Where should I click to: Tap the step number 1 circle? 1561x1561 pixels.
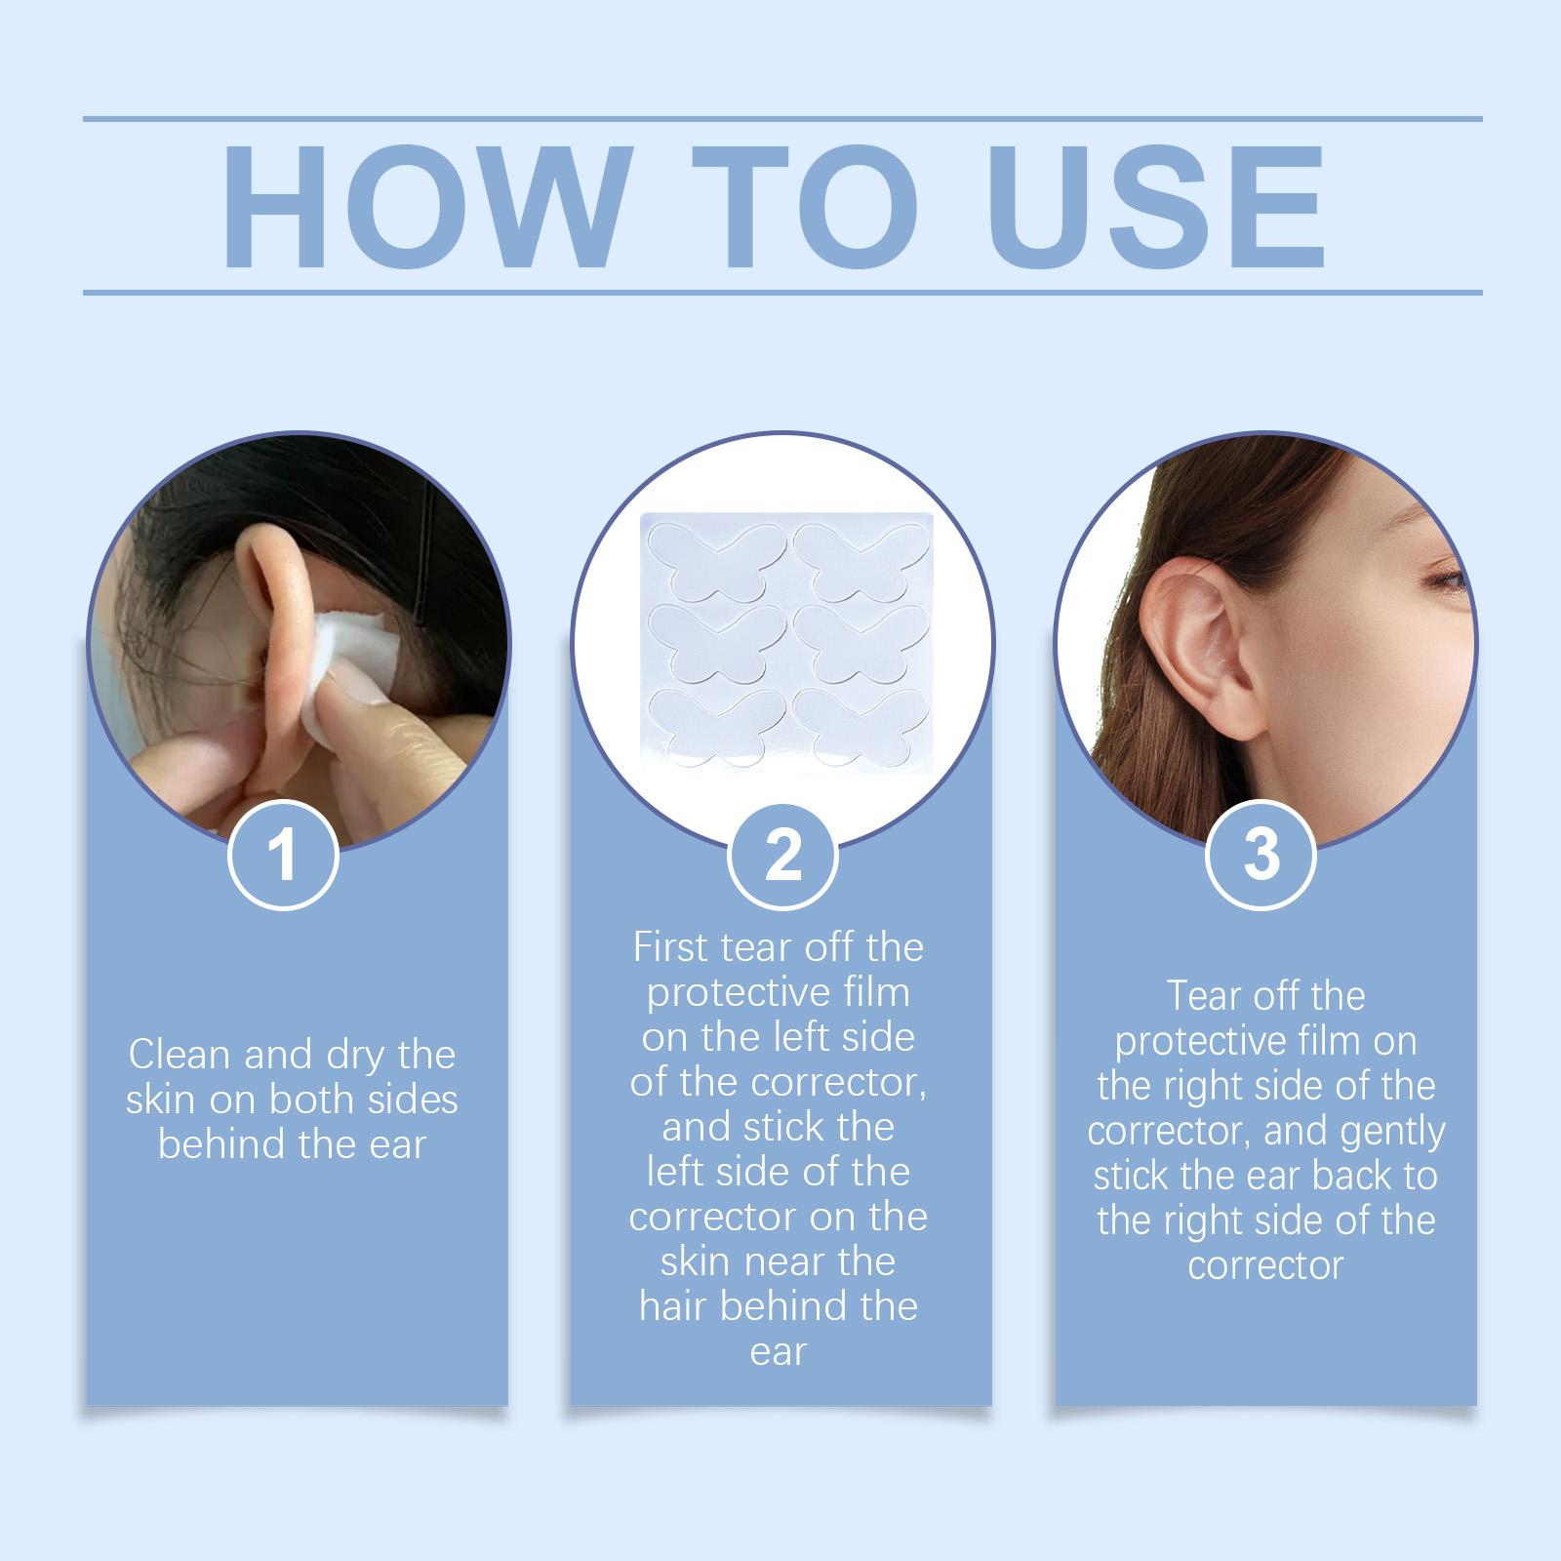[x=283, y=856]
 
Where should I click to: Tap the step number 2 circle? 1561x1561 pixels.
[x=782, y=856]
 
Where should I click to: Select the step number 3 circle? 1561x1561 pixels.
[x=1261, y=856]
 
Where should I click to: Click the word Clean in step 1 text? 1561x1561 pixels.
[x=180, y=1055]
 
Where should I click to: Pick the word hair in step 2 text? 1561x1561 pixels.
[x=674, y=1306]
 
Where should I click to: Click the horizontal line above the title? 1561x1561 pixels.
[x=782, y=119]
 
